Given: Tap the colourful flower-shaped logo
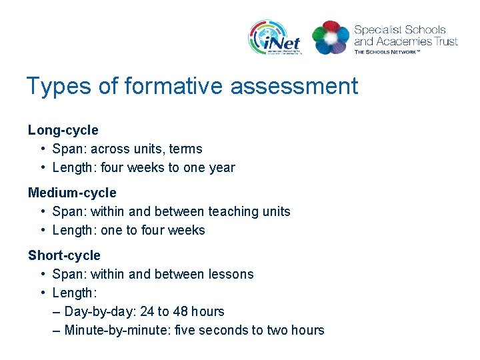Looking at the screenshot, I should pos(331,37).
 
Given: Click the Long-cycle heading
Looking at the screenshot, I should pos(63,130).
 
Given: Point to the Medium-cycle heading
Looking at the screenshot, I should pos(72,193).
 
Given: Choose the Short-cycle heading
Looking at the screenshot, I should pos(64,255).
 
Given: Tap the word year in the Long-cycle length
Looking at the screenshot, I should pos(221,167).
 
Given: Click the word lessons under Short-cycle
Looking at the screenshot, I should pos(231,274).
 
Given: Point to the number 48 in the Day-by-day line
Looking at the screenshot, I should pos(181,311).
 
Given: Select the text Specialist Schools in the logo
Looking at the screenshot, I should pos(400,29).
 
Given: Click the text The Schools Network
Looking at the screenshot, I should pos(387,51).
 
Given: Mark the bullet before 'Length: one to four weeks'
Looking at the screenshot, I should pos(43,230).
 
